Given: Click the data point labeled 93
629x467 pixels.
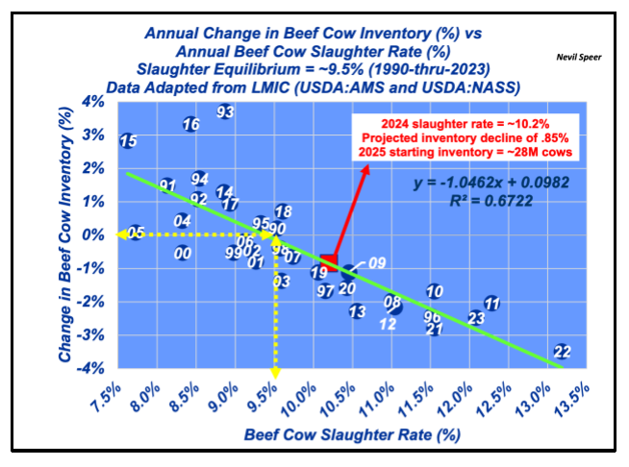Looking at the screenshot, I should pyautogui.click(x=225, y=111).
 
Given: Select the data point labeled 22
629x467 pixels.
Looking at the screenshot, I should pyautogui.click(x=563, y=352).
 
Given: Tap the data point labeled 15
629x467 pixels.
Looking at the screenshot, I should pyautogui.click(x=128, y=141).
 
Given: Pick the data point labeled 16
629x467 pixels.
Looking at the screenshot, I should pyautogui.click(x=190, y=124).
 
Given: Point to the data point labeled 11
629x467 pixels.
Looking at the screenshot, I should pyautogui.click(x=491, y=304).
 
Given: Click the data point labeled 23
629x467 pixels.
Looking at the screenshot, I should pyautogui.click(x=476, y=318).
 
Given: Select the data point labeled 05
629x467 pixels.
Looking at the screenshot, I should pyautogui.click(x=136, y=233).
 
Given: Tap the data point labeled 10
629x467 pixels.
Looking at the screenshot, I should pyautogui.click(x=435, y=291).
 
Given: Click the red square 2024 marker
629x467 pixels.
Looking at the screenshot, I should pyautogui.click(x=329, y=260).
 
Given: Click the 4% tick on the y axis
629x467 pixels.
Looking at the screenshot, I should pyautogui.click(x=93, y=102).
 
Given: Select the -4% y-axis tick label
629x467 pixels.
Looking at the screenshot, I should pyautogui.click(x=90, y=369).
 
